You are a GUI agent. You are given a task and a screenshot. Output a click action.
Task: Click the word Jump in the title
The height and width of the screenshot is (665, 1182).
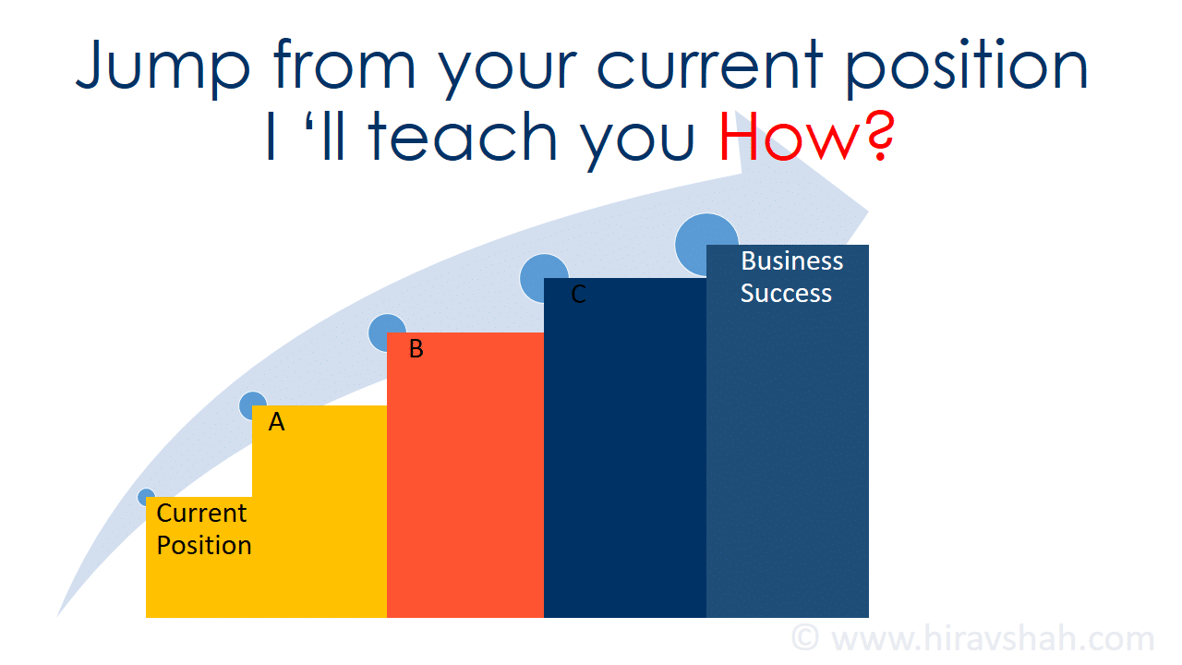[163, 66]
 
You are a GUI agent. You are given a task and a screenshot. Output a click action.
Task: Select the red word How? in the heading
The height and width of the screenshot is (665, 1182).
[806, 136]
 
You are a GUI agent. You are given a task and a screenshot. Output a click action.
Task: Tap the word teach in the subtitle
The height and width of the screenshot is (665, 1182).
[463, 136]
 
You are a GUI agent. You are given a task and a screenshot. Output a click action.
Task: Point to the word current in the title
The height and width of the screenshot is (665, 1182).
[709, 65]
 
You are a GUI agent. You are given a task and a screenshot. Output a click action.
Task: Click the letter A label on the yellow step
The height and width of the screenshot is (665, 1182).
[276, 422]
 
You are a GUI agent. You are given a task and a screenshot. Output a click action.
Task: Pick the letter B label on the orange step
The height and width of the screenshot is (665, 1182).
[416, 349]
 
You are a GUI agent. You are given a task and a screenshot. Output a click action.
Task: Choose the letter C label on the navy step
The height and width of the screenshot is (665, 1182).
[578, 294]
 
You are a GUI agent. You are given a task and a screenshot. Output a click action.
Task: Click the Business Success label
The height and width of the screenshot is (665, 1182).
[791, 277]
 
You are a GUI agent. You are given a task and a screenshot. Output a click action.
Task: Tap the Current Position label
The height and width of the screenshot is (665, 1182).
[204, 529]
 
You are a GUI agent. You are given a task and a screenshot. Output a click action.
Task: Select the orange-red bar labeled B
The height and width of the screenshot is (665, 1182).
[465, 475]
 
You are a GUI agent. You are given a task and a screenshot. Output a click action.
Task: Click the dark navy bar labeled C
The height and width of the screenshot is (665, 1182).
[625, 448]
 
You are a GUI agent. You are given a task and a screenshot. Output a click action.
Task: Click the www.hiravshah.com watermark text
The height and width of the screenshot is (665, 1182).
[993, 638]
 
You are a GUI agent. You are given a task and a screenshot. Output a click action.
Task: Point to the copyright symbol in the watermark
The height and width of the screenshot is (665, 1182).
[805, 638]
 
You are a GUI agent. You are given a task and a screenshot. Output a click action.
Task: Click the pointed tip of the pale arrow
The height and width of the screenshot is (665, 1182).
[868, 212]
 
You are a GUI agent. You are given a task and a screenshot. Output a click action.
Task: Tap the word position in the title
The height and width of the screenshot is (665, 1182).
[968, 66]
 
